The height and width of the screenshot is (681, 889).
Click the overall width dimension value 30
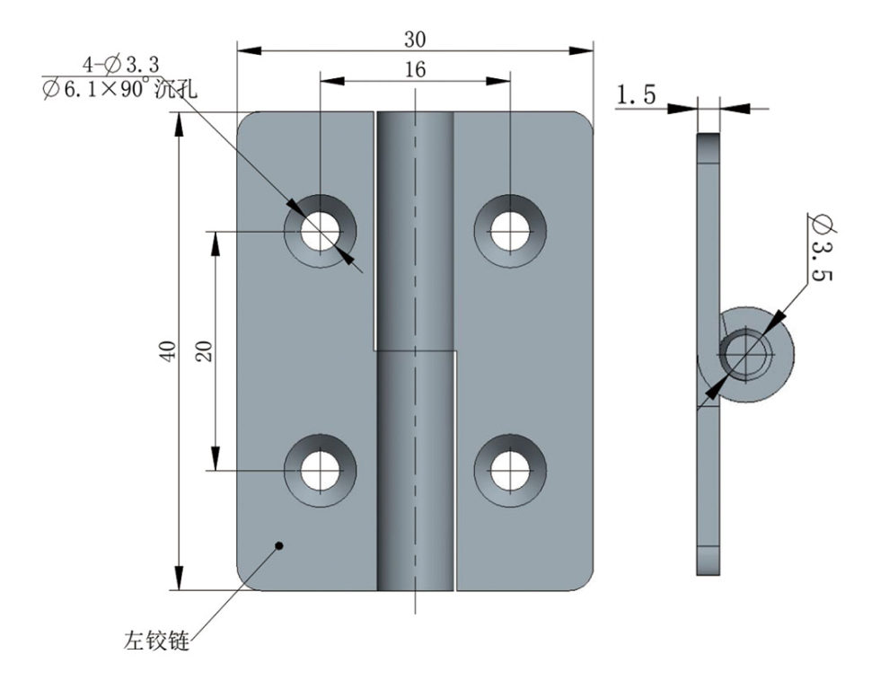[x=415, y=39]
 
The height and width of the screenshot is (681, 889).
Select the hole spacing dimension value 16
[x=415, y=70]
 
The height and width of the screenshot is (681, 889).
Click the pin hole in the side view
[x=745, y=353]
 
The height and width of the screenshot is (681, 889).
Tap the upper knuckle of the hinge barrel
[x=415, y=229]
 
